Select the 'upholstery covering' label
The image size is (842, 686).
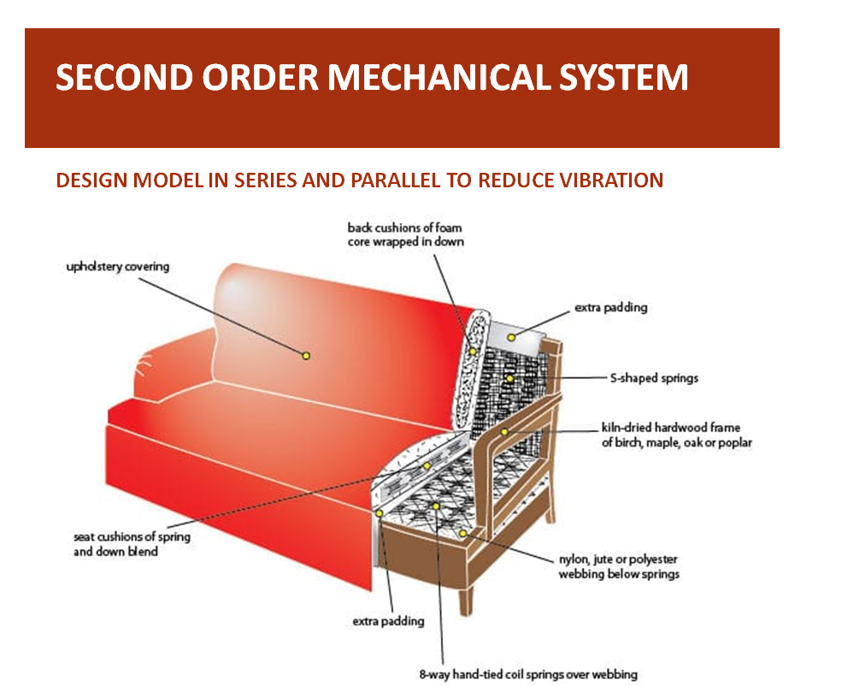point(118,267)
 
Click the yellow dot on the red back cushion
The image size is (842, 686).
point(305,354)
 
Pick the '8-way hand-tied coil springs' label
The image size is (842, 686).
point(528,674)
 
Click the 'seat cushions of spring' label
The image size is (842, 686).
point(132,537)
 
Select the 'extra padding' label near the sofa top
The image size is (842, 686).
point(610,307)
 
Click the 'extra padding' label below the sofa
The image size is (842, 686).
point(388,621)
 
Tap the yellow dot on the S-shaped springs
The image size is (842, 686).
point(509,378)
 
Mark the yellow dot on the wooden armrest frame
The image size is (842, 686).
point(505,432)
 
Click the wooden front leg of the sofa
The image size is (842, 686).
point(465,599)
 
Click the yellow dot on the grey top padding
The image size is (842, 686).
point(511,338)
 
